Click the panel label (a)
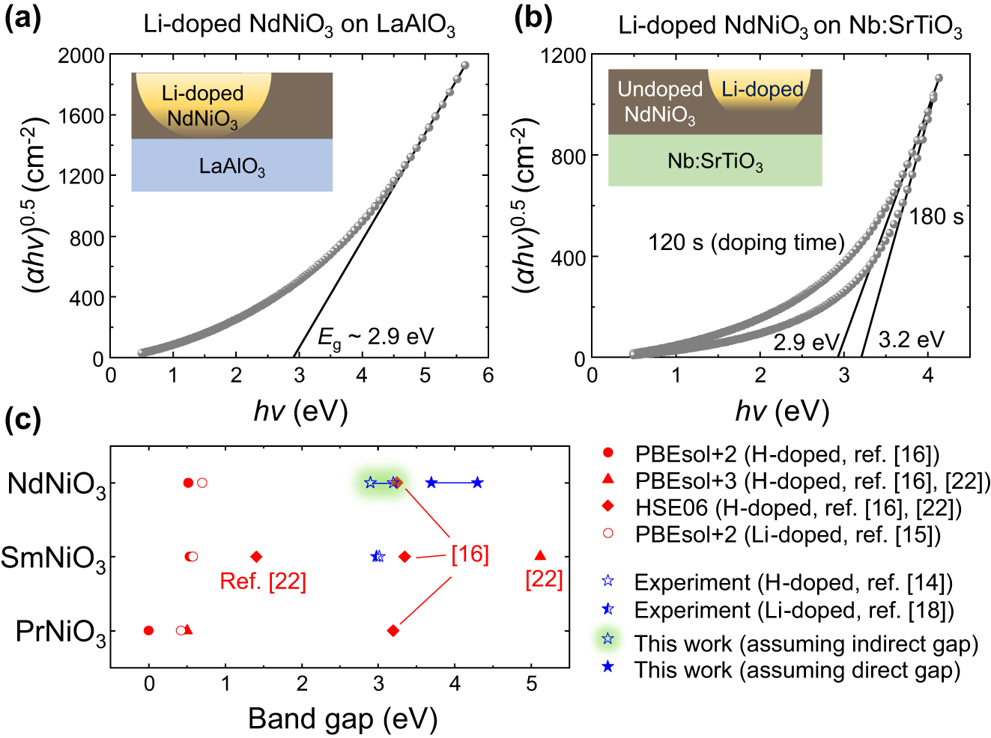click(x=22, y=17)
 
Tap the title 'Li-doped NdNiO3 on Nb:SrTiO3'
click(x=790, y=26)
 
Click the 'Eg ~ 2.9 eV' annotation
click(x=375, y=338)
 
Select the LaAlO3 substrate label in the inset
click(x=231, y=166)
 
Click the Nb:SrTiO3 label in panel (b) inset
click(x=715, y=162)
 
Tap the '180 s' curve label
click(x=936, y=217)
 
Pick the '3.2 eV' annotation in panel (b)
click(x=911, y=340)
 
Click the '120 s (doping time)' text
click(x=746, y=243)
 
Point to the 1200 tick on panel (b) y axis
click(x=564, y=55)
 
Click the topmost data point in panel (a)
click(x=464, y=66)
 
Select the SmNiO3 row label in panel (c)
click(x=53, y=558)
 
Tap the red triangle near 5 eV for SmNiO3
click(x=540, y=555)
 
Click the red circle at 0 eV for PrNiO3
click(x=148, y=630)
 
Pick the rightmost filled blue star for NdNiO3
click(x=477, y=483)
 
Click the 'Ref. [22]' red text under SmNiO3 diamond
click(x=262, y=582)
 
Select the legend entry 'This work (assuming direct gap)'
click(x=797, y=670)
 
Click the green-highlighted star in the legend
click(x=607, y=638)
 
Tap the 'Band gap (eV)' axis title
click(x=342, y=719)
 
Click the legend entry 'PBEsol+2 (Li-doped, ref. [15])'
click(x=787, y=535)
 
